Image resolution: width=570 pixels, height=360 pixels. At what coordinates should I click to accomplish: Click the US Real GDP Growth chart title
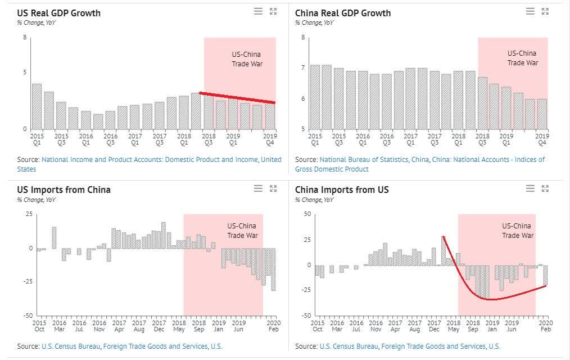(58, 12)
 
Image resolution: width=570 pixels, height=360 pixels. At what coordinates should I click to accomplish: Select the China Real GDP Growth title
(343, 12)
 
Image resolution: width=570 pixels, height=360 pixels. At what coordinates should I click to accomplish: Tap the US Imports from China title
(64, 190)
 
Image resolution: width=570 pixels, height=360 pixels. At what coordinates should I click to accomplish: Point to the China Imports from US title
(342, 190)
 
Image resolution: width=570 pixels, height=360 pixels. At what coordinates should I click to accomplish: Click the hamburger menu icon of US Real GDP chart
(258, 11)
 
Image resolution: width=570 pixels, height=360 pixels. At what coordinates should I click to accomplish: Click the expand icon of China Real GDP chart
(545, 11)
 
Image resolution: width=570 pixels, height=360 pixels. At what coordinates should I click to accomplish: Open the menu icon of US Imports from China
(258, 188)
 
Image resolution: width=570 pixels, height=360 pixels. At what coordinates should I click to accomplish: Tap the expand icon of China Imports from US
(545, 188)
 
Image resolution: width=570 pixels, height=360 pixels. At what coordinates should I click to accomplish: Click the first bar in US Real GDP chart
(37, 106)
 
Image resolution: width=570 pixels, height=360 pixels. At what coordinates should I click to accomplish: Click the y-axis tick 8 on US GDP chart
(25, 38)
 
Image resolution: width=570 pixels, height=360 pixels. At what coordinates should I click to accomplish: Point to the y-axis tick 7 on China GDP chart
(303, 68)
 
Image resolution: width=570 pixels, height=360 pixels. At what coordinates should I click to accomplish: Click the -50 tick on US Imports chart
(29, 315)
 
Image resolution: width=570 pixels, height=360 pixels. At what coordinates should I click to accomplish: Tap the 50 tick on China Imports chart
(307, 214)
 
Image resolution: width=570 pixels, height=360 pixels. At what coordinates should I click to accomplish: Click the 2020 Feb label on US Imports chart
(274, 326)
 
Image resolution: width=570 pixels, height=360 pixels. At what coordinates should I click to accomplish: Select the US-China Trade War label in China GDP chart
(522, 58)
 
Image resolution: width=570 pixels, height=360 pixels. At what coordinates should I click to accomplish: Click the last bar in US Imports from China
(273, 269)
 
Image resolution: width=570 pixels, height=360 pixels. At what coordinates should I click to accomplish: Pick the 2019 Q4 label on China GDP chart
(541, 139)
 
